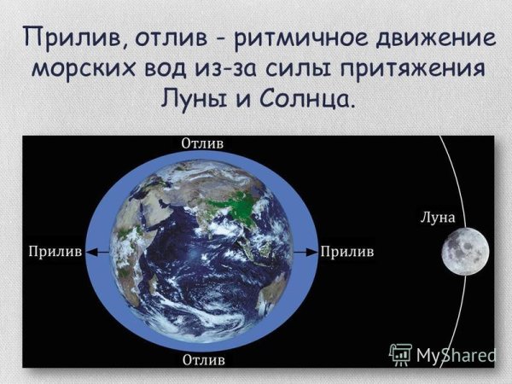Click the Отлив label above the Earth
coord(202,143)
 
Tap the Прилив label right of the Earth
coord(347,252)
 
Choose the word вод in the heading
coord(170,69)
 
